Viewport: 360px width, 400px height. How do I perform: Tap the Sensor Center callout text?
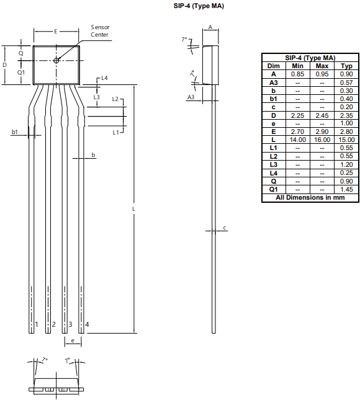[x=100, y=31]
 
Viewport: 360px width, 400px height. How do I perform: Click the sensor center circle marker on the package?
[x=56, y=60]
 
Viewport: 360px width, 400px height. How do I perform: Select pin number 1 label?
[x=37, y=324]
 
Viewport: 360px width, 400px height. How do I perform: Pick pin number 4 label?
[x=87, y=324]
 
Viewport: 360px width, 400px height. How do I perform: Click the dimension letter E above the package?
[x=56, y=30]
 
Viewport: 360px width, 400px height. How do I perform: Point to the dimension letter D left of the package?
[x=5, y=64]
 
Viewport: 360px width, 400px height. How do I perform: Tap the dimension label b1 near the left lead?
[x=15, y=132]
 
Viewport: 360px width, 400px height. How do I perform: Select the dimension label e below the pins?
[x=73, y=340]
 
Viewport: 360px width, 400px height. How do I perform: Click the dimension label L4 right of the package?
[x=104, y=78]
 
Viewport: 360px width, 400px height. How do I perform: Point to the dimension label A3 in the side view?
[x=191, y=97]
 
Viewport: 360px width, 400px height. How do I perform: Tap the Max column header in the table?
[x=322, y=66]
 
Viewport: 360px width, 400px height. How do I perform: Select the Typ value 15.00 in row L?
[x=347, y=140]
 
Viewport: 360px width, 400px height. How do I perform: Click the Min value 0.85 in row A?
[x=298, y=74]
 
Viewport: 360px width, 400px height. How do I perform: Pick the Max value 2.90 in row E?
[x=322, y=131]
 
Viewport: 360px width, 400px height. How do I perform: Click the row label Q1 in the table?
[x=274, y=189]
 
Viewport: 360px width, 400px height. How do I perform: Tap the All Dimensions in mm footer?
[x=310, y=197]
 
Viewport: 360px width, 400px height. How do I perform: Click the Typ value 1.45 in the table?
[x=347, y=189]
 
